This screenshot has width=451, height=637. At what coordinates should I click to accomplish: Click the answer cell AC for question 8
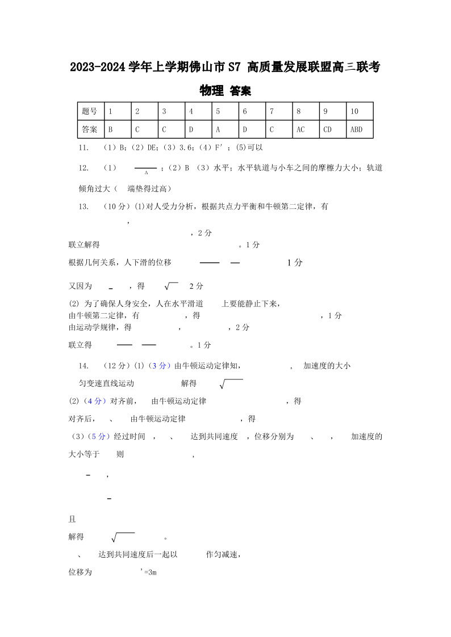pyautogui.click(x=300, y=129)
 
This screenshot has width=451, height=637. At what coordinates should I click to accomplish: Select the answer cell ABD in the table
pyautogui.click(x=356, y=129)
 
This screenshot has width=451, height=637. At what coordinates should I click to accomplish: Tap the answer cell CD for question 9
pyautogui.click(x=327, y=129)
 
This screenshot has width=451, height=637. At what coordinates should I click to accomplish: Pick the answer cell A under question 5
pyautogui.click(x=218, y=129)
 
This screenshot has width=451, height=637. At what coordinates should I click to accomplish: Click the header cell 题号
pyautogui.click(x=90, y=111)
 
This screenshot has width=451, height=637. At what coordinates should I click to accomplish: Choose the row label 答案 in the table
pyautogui.click(x=90, y=129)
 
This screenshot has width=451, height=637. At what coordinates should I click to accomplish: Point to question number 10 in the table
pyautogui.click(x=354, y=111)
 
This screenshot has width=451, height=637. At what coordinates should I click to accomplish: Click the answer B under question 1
pyautogui.click(x=110, y=129)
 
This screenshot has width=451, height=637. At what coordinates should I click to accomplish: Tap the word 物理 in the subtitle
pyautogui.click(x=211, y=91)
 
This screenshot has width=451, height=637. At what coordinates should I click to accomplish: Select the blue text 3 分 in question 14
pyautogui.click(x=159, y=366)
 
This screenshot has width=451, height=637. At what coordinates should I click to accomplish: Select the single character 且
pyautogui.click(x=72, y=519)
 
